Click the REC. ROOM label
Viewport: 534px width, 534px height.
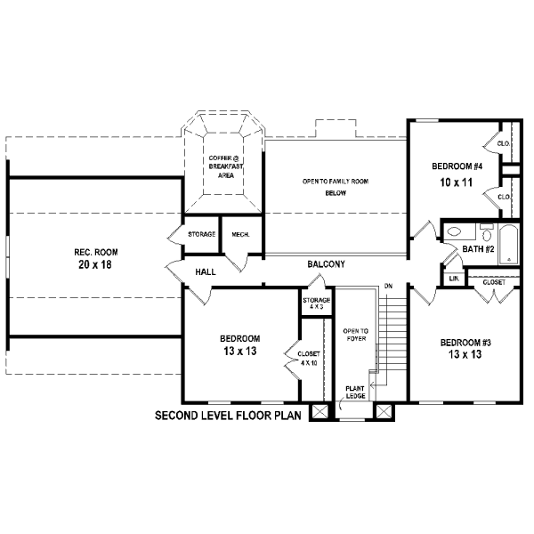click(x=96, y=253)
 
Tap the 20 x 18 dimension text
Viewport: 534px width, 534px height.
click(x=95, y=264)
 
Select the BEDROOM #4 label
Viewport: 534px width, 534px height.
click(x=457, y=166)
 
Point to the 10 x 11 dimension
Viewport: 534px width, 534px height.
click(x=457, y=182)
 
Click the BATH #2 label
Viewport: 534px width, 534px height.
click(x=478, y=249)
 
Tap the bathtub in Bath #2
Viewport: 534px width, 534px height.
click(x=509, y=244)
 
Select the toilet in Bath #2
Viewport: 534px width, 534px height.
click(x=487, y=233)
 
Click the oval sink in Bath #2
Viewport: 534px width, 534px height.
click(x=454, y=231)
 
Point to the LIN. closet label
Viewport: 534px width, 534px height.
click(x=454, y=279)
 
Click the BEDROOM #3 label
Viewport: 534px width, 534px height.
click(x=465, y=343)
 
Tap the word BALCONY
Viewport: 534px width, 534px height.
click(x=326, y=264)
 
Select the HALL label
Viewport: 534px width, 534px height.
click(x=206, y=272)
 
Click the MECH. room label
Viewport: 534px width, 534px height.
click(x=240, y=235)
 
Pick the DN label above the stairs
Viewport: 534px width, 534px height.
click(x=388, y=286)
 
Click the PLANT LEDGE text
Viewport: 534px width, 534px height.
click(x=355, y=392)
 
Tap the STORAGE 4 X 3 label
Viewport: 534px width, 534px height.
click(x=316, y=303)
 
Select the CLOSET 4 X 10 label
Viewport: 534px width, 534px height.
click(x=309, y=359)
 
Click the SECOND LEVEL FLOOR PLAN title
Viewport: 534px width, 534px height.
click(x=228, y=416)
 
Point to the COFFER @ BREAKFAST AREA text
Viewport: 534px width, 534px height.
click(x=226, y=167)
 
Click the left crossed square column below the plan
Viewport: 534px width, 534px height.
click(x=320, y=411)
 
